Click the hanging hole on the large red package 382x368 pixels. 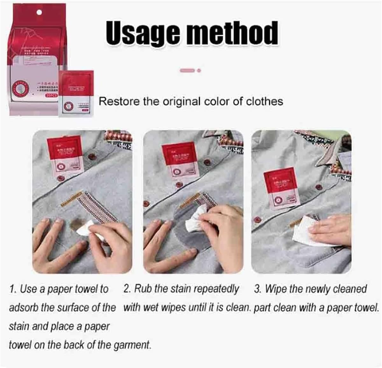39,12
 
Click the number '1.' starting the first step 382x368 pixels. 13,289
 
